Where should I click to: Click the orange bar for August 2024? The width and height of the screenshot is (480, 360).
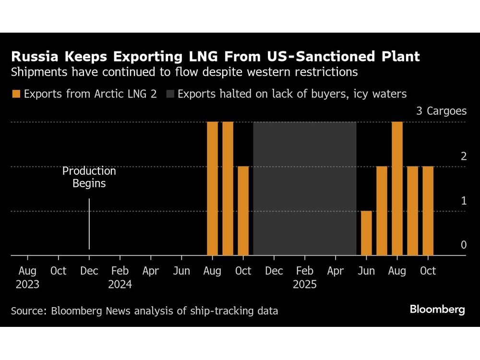[x=212, y=189]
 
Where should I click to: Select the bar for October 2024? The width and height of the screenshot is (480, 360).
[x=243, y=211]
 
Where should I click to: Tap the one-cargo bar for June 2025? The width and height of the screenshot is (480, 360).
[x=366, y=233]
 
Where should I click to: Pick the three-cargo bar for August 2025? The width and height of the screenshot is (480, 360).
[x=397, y=189]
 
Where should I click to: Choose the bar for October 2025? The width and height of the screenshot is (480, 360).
[x=428, y=211]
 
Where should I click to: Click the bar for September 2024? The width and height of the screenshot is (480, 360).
[x=228, y=189]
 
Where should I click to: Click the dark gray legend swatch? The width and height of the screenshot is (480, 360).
[x=170, y=94]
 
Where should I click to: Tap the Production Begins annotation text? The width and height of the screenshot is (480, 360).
[x=89, y=177]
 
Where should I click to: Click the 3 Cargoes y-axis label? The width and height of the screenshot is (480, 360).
[x=441, y=111]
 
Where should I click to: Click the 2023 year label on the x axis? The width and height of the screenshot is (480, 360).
[x=27, y=284]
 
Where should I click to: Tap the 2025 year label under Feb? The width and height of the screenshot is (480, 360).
[x=304, y=284]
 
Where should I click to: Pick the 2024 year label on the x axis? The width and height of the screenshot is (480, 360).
[x=120, y=284]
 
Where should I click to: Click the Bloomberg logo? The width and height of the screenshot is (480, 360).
[x=437, y=310]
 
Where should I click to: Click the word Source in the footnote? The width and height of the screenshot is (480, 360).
[x=26, y=311]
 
